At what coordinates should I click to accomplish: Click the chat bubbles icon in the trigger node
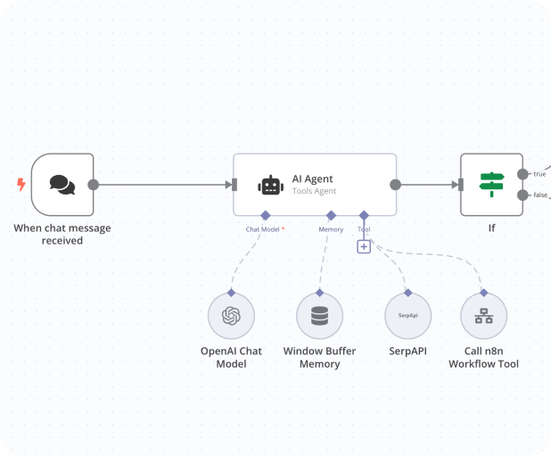pyautogui.click(x=62, y=185)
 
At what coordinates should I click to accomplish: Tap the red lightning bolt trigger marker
pyautogui.click(x=21, y=185)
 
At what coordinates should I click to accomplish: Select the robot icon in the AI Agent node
pyautogui.click(x=271, y=185)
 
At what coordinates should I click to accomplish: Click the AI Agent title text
pyautogui.click(x=312, y=178)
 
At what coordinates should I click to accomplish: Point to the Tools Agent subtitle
pyautogui.click(x=314, y=191)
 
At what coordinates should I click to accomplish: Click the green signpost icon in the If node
pyautogui.click(x=491, y=185)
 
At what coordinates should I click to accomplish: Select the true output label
pyautogui.click(x=539, y=174)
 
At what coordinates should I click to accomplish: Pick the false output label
pyautogui.click(x=540, y=195)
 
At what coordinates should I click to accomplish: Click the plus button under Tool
pyautogui.click(x=364, y=246)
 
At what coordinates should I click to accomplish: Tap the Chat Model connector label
pyautogui.click(x=265, y=229)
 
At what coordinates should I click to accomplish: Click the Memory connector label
pyautogui.click(x=331, y=229)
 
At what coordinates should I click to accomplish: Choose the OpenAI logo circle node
pyautogui.click(x=231, y=316)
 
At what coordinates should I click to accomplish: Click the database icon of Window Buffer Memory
pyautogui.click(x=319, y=316)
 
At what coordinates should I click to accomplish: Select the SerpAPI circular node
pyautogui.click(x=408, y=316)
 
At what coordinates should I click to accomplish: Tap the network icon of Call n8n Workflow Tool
pyautogui.click(x=484, y=316)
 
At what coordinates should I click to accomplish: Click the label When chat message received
pyautogui.click(x=62, y=234)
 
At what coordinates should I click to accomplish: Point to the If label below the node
pyautogui.click(x=491, y=228)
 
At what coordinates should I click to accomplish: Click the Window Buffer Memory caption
pyautogui.click(x=319, y=357)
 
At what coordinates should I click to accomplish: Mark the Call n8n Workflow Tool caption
pyautogui.click(x=484, y=357)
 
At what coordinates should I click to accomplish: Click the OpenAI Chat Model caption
pyautogui.click(x=231, y=357)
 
